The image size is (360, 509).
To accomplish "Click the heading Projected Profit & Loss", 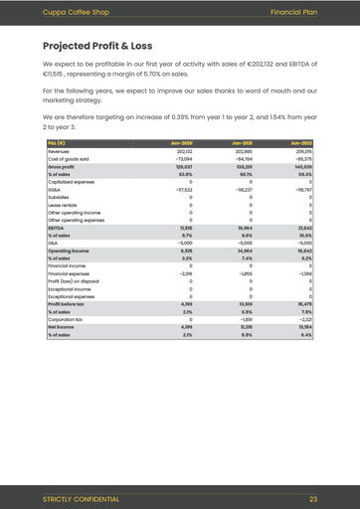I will (x=97, y=46).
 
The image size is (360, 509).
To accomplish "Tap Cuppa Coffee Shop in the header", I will (x=69, y=11).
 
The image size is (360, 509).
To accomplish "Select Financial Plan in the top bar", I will (x=293, y=11).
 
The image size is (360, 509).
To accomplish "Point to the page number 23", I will (x=313, y=498).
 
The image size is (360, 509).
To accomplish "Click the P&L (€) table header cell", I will (x=58, y=144).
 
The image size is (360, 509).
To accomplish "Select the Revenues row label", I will (x=59, y=151).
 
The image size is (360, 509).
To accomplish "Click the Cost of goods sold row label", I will (x=68, y=158).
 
